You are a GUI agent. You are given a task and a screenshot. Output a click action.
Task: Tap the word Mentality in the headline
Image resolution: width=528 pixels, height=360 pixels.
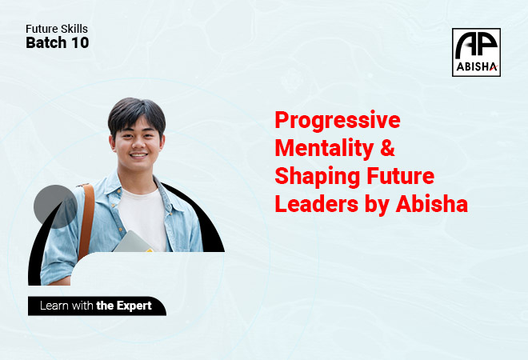324,147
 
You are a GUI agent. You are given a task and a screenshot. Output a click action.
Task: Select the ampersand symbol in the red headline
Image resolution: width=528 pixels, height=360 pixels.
387,147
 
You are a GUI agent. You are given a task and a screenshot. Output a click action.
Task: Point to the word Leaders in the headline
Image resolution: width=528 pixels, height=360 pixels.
317,204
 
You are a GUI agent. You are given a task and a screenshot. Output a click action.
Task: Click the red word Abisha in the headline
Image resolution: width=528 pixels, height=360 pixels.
432,204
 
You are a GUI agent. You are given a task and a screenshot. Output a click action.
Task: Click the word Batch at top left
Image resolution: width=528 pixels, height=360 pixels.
46,42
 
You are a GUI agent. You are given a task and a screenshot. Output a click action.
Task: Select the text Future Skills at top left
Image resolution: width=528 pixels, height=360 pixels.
57,29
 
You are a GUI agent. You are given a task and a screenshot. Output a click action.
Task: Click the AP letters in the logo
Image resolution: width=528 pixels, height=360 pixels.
476,45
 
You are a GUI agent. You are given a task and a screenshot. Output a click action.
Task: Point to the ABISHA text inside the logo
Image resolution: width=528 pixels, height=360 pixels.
477,66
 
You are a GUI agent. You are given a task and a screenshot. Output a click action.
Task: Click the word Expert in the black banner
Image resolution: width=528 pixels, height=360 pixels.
134,306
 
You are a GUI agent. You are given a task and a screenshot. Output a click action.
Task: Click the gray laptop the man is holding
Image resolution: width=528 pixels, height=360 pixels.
132,242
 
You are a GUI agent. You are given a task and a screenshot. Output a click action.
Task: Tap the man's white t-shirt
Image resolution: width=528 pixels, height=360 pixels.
142,219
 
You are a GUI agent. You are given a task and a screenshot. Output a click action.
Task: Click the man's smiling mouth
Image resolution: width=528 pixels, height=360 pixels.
138,155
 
